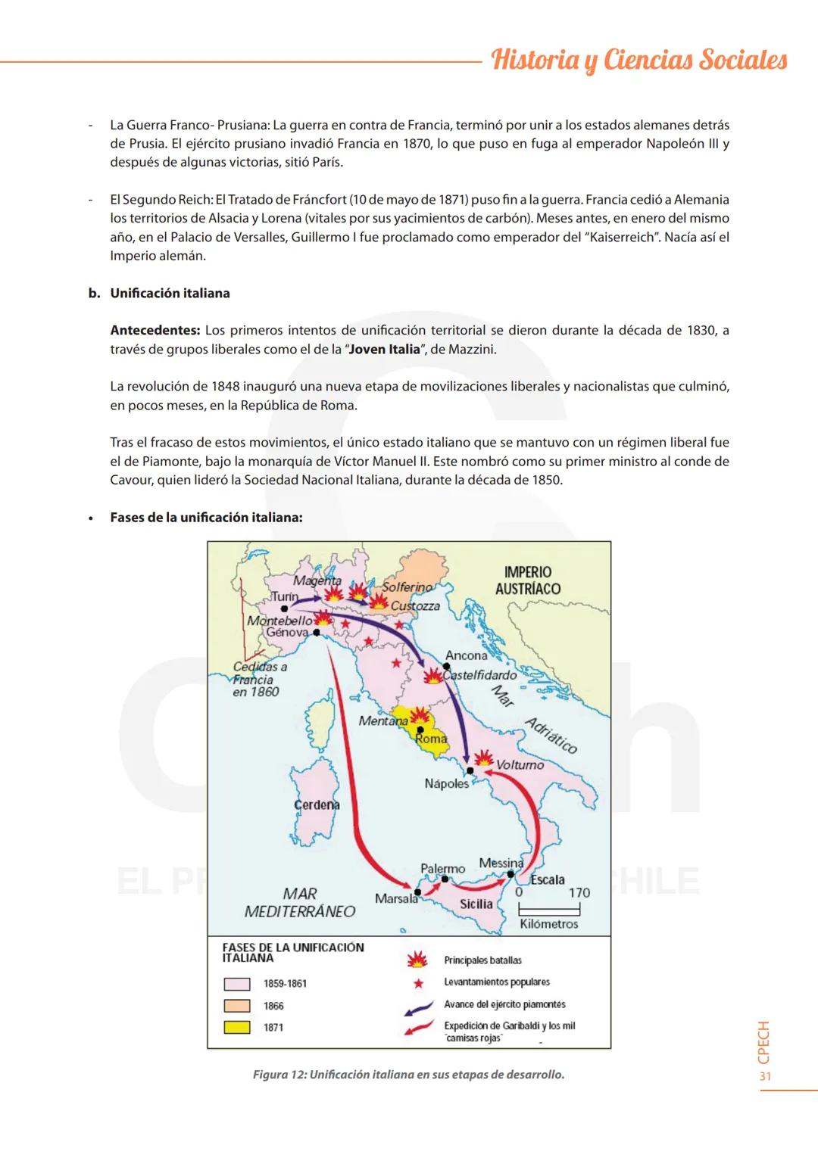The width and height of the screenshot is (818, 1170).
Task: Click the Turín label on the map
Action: pyautogui.click(x=285, y=596)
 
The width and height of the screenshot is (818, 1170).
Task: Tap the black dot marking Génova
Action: pyautogui.click(x=317, y=632)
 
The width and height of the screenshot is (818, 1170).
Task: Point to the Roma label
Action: pyautogui.click(x=431, y=739)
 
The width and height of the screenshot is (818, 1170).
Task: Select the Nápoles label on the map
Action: pyautogui.click(x=447, y=783)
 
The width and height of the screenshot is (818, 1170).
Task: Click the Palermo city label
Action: pyautogui.click(x=442, y=869)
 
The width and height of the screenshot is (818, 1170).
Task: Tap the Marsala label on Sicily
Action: pyautogui.click(x=396, y=898)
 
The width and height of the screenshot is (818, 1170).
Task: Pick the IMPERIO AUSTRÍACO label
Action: pyautogui.click(x=528, y=580)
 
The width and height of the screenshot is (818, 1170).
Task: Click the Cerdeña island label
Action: pyautogui.click(x=317, y=804)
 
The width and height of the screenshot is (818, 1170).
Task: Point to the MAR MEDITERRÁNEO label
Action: pyautogui.click(x=300, y=903)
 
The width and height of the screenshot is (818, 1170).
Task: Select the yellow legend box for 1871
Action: pyautogui.click(x=236, y=1027)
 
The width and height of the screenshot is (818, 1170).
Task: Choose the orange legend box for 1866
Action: pyautogui.click(x=236, y=1006)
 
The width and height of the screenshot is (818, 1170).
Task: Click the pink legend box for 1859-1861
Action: pyautogui.click(x=236, y=984)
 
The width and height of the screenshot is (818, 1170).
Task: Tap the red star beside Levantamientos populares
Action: pyautogui.click(x=417, y=982)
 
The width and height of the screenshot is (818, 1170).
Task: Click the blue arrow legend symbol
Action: pyautogui.click(x=417, y=1006)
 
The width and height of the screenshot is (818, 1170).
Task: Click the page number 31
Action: pyautogui.click(x=765, y=1077)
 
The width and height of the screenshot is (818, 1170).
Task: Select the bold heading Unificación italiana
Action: pyautogui.click(x=170, y=293)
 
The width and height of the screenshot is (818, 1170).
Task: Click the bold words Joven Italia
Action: pyautogui.click(x=383, y=349)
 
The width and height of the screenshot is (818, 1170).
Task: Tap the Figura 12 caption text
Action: pyautogui.click(x=409, y=1075)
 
